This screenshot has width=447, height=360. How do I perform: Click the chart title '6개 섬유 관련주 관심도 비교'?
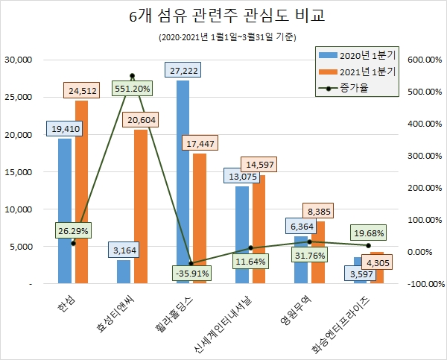[x=221, y=16]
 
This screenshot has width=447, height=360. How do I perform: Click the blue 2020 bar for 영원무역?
[x=301, y=260]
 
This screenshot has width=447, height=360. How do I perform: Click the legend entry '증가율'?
[x=357, y=88]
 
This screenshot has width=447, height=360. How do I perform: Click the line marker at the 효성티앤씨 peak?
[x=132, y=75]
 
